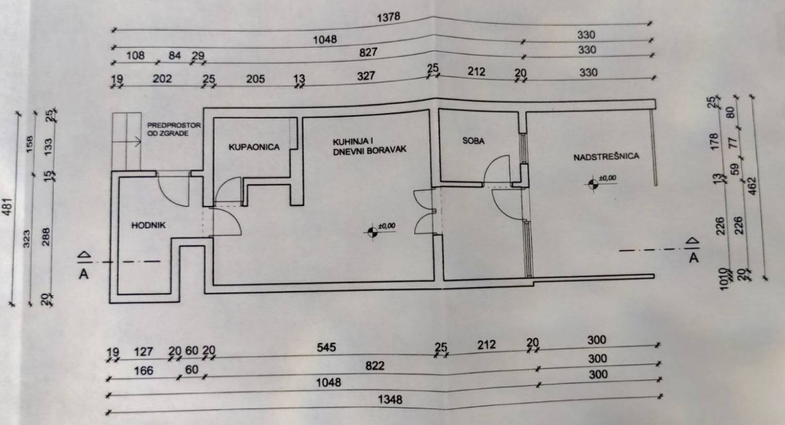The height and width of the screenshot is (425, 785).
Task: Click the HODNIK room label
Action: tap(150, 225)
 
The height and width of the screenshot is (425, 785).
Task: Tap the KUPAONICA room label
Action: tap(254, 148)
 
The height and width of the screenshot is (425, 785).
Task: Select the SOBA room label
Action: tap(474, 140)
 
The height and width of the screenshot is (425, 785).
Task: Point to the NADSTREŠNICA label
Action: tap(606, 157)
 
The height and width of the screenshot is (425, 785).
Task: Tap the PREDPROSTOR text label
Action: tap(173, 125)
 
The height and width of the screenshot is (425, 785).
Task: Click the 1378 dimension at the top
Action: tap(389, 17)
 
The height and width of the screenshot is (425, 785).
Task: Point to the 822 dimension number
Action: tap(375, 365)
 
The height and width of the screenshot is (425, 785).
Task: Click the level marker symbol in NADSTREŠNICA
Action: tap(593, 184)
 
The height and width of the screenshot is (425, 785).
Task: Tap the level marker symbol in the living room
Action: tap(373, 231)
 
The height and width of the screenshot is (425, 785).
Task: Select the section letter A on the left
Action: tap(84, 273)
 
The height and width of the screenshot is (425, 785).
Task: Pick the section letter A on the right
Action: tap(694, 258)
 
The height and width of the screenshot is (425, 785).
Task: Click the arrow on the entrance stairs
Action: tap(133, 140)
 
